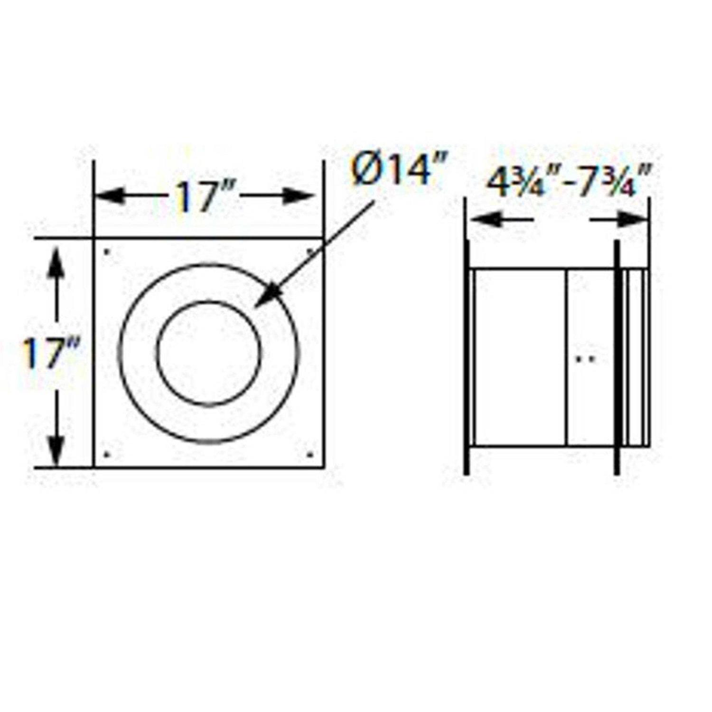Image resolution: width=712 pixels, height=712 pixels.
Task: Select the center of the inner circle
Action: [209, 354]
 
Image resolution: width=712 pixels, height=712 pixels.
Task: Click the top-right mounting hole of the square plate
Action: [311, 251]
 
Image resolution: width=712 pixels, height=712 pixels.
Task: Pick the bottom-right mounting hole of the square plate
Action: [311, 455]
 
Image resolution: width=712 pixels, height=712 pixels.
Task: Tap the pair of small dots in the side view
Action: [585, 359]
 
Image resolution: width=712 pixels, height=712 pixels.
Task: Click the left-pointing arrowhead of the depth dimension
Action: [479, 219]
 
